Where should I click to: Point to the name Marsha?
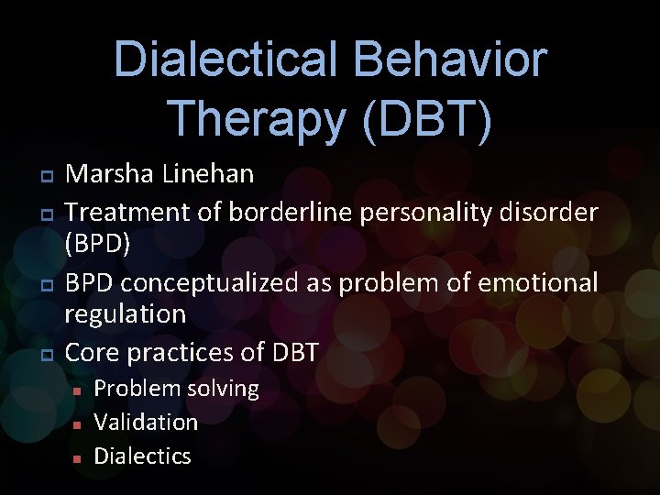pos(108,173)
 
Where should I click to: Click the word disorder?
pos(550,213)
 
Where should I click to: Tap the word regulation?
pos(126,315)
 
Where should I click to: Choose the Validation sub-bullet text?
pos(146,422)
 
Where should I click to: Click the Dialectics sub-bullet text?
pos(142,456)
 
